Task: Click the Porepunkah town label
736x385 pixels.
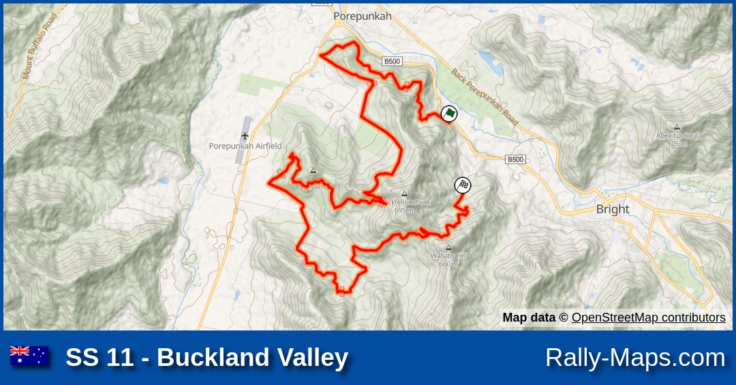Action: (x=363, y=16)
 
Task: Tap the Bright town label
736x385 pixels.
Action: (x=612, y=209)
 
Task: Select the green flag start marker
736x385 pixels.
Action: (x=448, y=114)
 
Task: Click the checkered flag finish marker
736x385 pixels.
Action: (x=463, y=185)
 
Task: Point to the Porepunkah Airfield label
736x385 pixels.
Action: (x=245, y=147)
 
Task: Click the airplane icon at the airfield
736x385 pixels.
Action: (x=245, y=136)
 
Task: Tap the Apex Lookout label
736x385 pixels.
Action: (x=677, y=136)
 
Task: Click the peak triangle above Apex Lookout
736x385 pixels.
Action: (x=677, y=127)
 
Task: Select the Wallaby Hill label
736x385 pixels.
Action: (x=448, y=256)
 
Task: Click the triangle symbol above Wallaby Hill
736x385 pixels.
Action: (x=448, y=247)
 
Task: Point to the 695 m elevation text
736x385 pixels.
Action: (x=404, y=211)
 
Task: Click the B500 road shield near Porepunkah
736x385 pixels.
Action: (x=392, y=61)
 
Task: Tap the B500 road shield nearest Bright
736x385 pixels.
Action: (x=515, y=159)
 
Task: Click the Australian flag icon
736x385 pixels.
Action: (x=29, y=356)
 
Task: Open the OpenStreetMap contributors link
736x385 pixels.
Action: (x=648, y=318)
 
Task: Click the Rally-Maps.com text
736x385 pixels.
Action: (x=634, y=358)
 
